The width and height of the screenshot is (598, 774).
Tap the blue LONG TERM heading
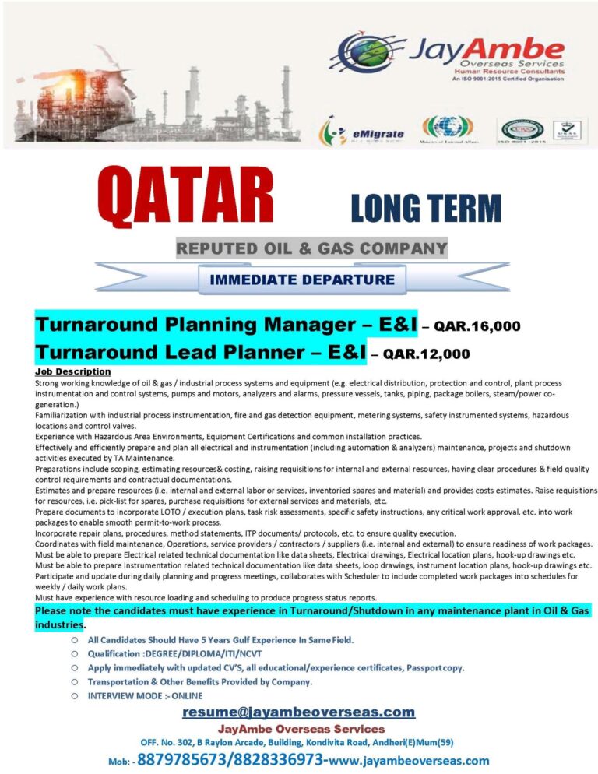(425, 209)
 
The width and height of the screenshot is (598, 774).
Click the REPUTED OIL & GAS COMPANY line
(311, 249)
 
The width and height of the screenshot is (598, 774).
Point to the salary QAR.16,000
(477, 325)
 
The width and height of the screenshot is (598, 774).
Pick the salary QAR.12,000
(427, 354)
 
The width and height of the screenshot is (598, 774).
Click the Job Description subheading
(73, 371)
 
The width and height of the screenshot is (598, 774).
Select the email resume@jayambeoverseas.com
(298, 712)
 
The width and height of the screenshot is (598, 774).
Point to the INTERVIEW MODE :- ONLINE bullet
(145, 695)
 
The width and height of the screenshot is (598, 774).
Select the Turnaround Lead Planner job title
(200, 353)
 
